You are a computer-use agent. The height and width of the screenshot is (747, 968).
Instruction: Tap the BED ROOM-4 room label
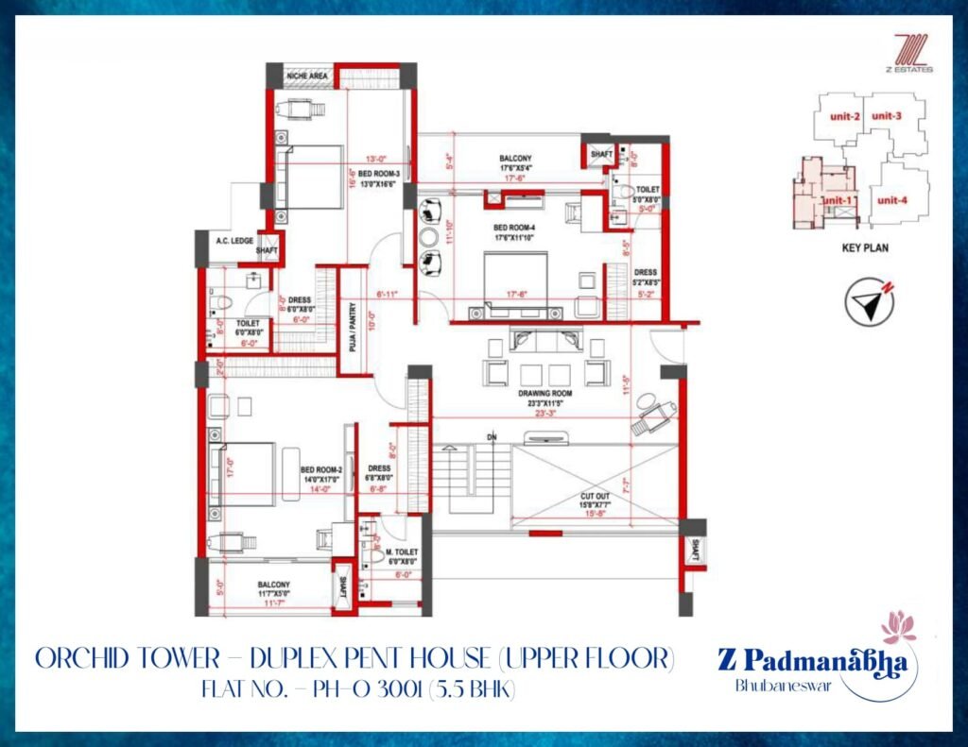515,228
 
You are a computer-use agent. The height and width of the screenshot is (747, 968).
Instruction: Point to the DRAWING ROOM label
540,392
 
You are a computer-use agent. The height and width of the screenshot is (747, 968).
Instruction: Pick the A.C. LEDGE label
233,241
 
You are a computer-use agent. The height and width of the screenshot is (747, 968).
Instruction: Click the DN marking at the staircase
492,437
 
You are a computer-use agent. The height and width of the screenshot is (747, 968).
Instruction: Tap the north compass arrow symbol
870,305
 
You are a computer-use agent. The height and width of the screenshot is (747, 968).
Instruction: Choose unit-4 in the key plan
891,199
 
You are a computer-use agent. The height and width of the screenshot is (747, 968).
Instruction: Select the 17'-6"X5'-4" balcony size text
516,168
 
